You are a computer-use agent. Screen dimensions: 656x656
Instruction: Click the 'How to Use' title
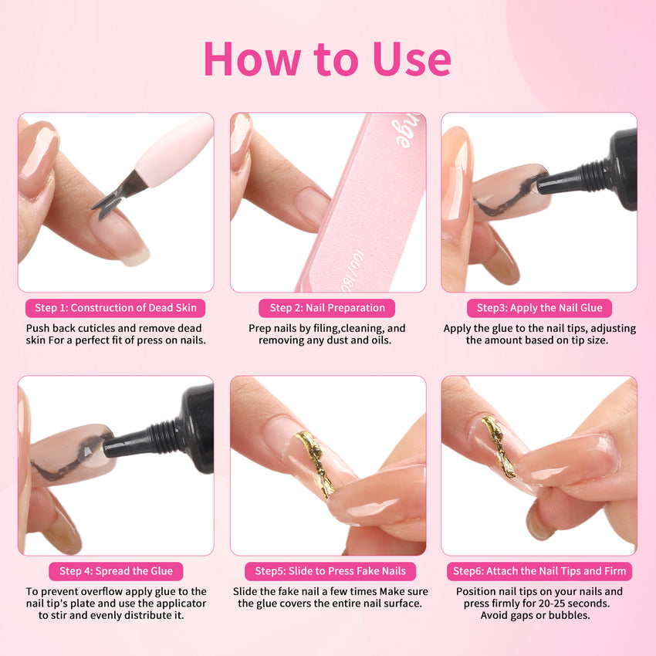pos(327,59)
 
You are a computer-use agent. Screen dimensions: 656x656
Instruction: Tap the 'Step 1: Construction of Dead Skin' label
pos(116,308)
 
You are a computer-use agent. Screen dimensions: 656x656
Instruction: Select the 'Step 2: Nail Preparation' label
pos(327,308)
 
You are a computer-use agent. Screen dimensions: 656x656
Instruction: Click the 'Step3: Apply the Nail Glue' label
pos(539,308)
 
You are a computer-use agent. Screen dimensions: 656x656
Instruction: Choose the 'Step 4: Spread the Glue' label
pos(116,571)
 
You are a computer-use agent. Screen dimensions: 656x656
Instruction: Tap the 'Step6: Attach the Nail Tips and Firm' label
pos(539,571)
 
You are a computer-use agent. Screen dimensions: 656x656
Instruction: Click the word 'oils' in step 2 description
pos(380,340)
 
